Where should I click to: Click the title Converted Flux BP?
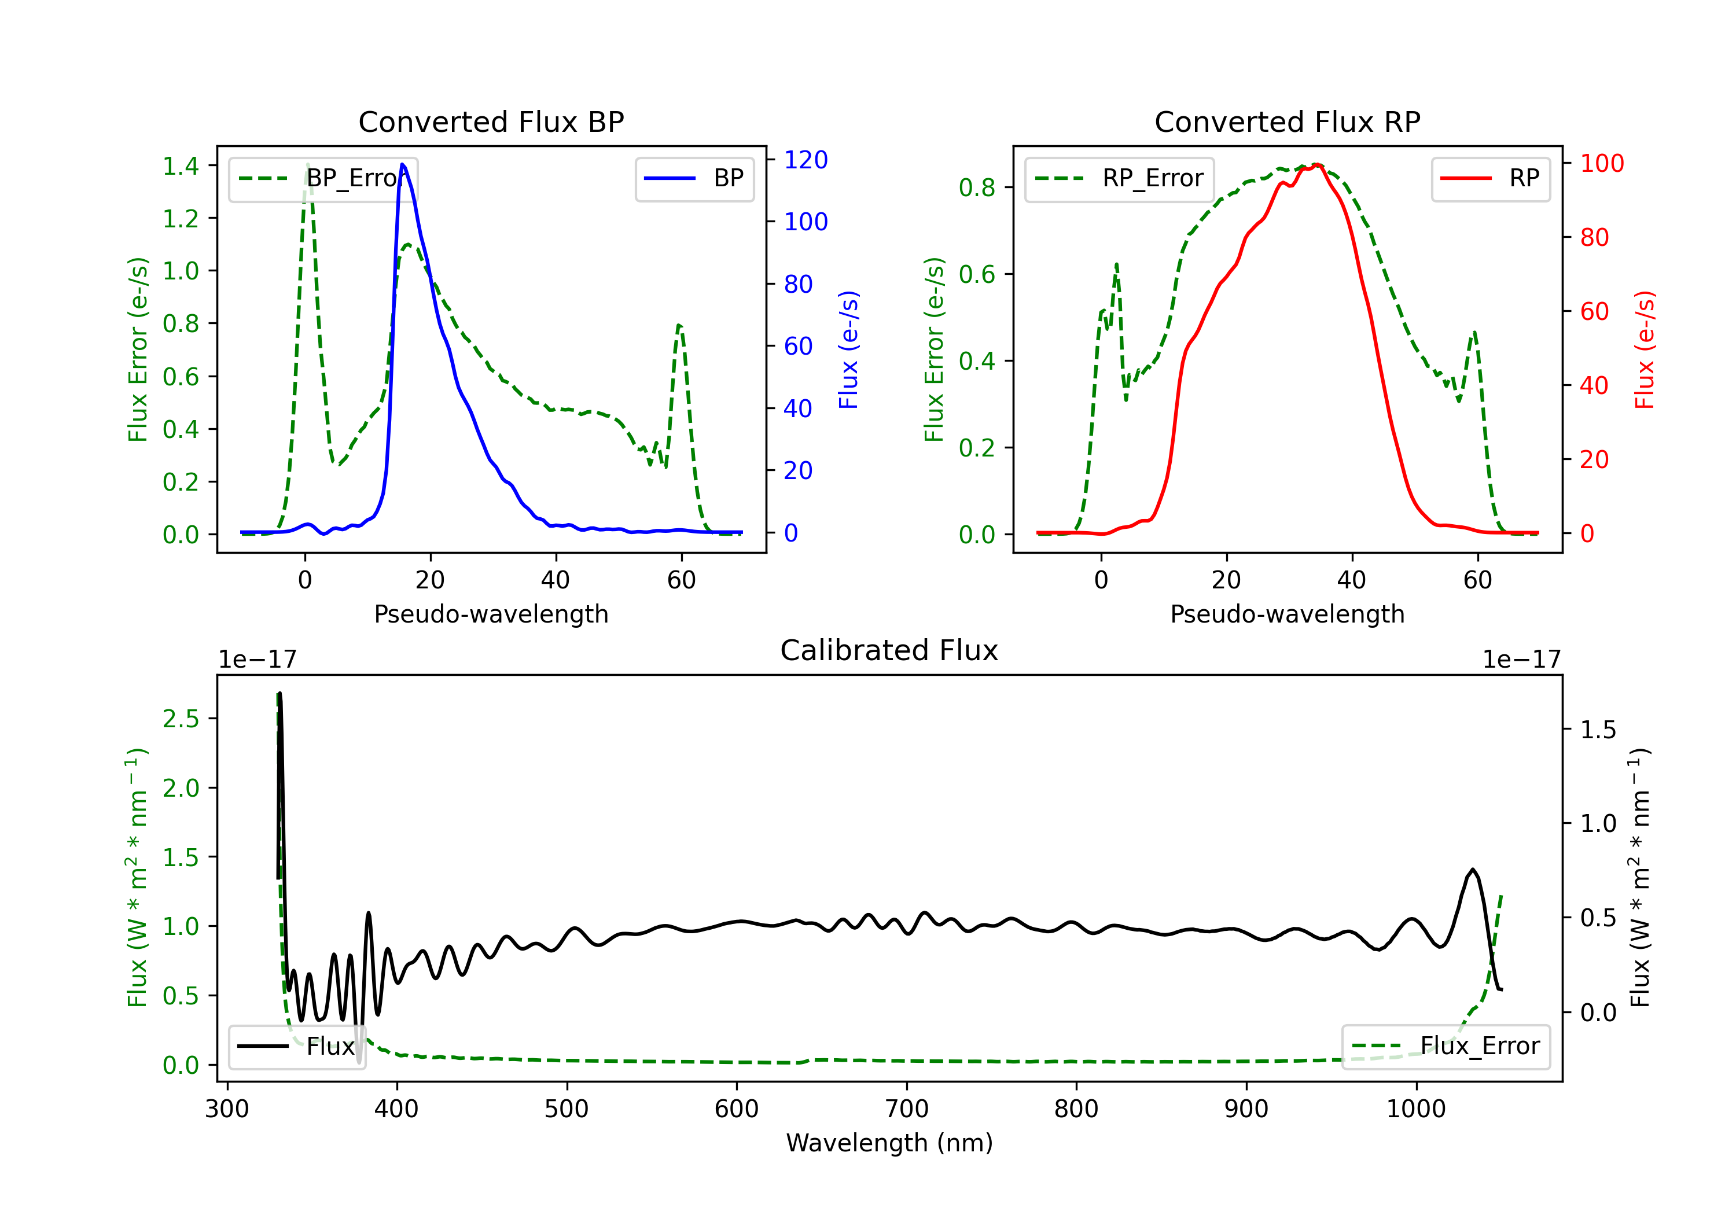point(491,122)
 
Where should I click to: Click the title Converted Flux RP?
point(1287,122)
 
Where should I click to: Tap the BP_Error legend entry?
point(323,178)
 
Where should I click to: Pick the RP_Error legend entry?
point(1120,178)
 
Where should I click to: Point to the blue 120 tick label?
point(806,160)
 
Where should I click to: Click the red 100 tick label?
point(1601,163)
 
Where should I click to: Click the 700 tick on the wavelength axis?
point(907,1109)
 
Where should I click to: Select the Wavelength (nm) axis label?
point(889,1143)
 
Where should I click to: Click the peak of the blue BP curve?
point(402,164)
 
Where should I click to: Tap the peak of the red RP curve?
point(1316,165)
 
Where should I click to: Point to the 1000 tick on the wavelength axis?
point(1415,1109)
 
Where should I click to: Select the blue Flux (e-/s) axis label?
point(848,349)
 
